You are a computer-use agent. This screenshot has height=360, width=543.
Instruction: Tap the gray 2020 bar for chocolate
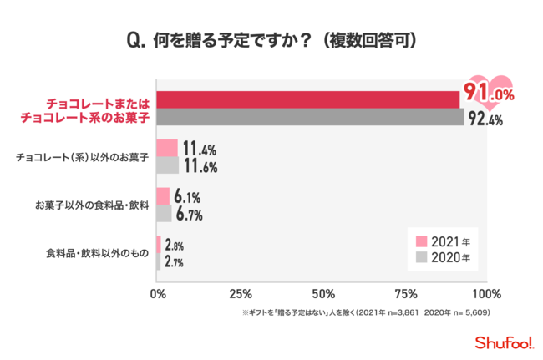pos(310,117)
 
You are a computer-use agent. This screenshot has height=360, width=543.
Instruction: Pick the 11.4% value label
pos(200,150)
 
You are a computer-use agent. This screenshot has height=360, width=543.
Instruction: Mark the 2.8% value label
pos(174,246)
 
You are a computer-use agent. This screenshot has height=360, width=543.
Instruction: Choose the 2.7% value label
pos(174,262)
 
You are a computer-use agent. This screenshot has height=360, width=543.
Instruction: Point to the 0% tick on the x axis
pos(157,294)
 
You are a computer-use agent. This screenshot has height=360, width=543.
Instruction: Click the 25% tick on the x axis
pos(241,294)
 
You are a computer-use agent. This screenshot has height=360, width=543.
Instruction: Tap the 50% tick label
pos(322,294)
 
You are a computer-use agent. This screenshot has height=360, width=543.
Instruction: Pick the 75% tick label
pos(404,294)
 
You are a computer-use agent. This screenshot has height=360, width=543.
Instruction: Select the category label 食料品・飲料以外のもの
pos(97,254)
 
